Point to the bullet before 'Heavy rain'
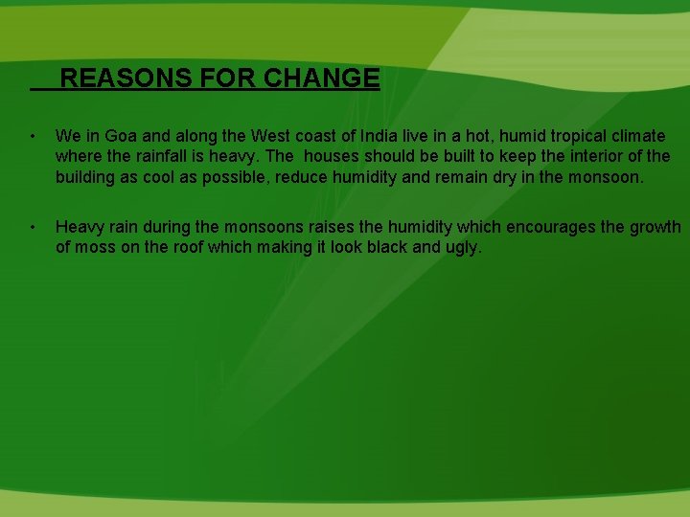click(x=33, y=227)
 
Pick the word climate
click(x=633, y=137)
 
